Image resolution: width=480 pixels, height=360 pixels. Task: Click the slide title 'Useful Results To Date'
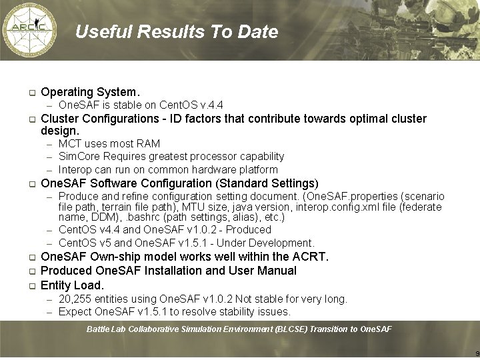click(176, 32)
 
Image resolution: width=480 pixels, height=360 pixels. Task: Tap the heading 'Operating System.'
click(91, 92)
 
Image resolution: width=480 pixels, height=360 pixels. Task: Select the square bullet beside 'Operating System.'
click(31, 93)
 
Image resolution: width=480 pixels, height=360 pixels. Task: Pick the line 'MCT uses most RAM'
click(109, 143)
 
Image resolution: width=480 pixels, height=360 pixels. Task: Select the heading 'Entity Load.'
click(73, 285)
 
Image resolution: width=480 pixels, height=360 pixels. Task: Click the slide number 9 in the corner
click(477, 353)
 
